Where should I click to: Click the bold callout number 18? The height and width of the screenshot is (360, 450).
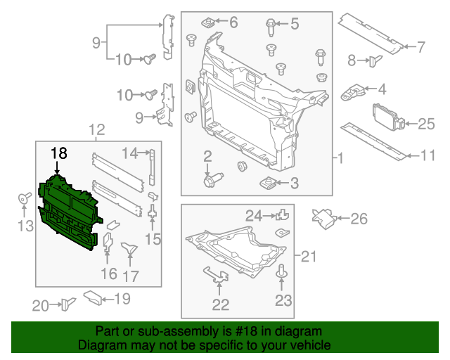[x=58, y=153]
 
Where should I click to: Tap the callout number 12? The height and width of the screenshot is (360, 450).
[x=96, y=129]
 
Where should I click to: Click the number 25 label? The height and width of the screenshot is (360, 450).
[x=427, y=124]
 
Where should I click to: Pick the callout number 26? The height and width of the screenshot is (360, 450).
[x=359, y=219]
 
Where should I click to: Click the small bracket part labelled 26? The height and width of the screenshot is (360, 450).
[x=326, y=218]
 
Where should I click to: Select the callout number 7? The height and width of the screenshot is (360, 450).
[x=421, y=48]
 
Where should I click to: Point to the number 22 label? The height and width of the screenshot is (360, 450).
[x=221, y=304]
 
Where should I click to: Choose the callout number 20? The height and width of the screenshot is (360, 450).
[x=41, y=304]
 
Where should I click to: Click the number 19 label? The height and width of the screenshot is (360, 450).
[x=122, y=300]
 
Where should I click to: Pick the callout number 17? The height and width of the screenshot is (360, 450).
[x=131, y=276]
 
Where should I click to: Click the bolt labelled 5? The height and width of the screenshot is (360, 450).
[x=271, y=27]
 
